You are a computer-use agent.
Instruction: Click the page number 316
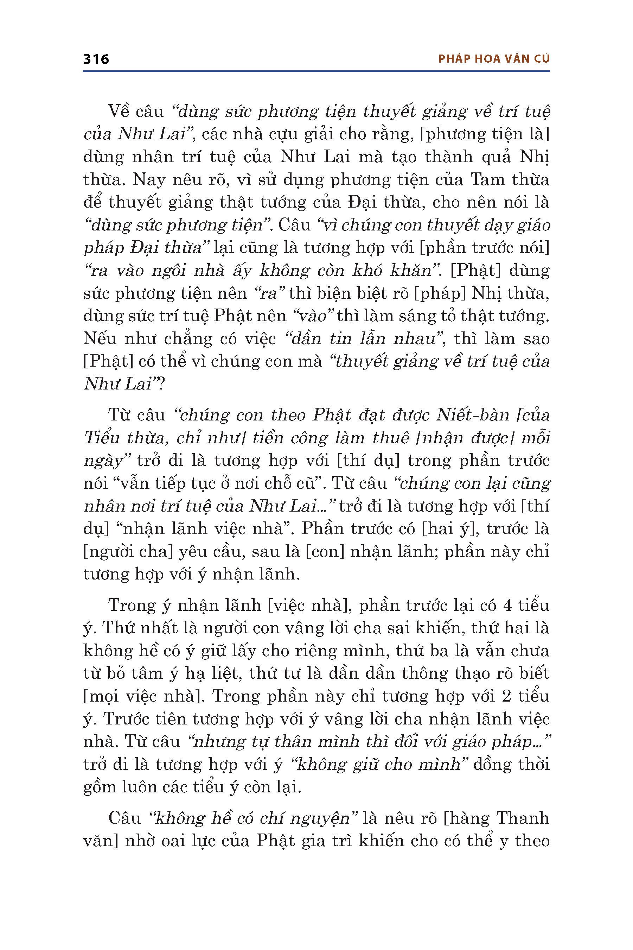coord(96,59)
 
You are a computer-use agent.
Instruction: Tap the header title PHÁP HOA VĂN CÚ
coord(494,59)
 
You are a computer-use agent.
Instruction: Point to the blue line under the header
coord(316,71)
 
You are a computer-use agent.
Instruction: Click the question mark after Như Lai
coord(161,384)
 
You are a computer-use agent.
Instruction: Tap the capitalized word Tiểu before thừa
coord(103,438)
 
